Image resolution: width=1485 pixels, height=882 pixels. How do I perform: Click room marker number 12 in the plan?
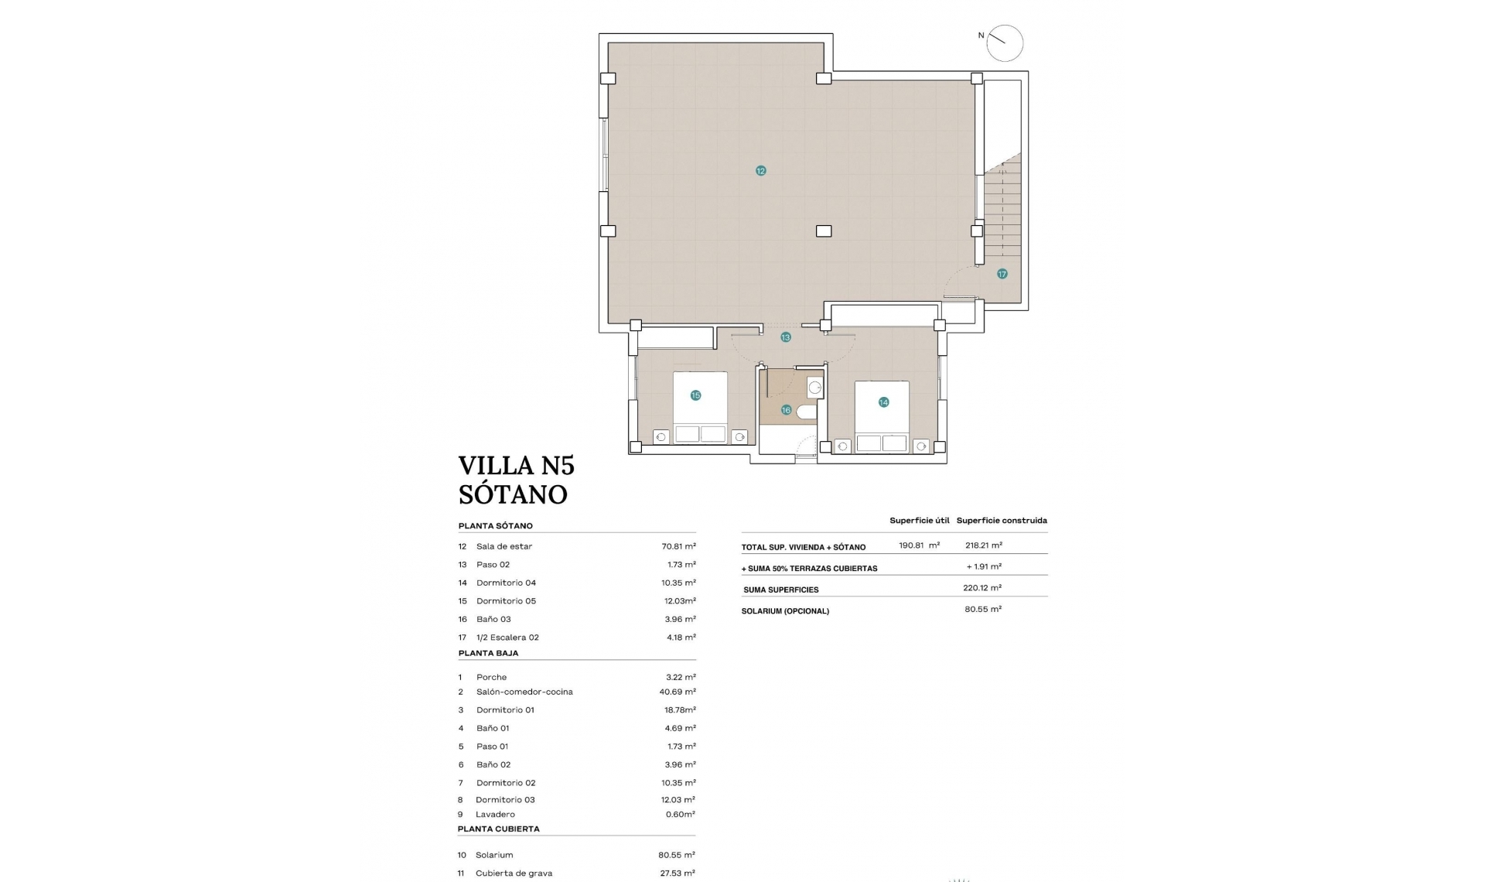click(x=760, y=171)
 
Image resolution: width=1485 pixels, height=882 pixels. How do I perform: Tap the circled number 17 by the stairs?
click(x=1002, y=274)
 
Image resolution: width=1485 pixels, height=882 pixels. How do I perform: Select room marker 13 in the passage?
click(x=785, y=337)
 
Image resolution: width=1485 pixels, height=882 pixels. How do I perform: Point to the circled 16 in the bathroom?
click(x=786, y=410)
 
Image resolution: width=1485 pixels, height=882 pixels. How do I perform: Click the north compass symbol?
click(x=1004, y=43)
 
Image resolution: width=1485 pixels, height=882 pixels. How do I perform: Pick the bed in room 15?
click(x=700, y=408)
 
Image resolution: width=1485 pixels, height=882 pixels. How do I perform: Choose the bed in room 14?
click(x=882, y=416)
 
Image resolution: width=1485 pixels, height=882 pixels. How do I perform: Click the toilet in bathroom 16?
click(x=807, y=411)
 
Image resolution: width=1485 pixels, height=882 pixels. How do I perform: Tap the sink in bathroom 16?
click(x=814, y=388)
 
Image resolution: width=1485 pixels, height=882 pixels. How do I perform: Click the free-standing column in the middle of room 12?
click(x=824, y=231)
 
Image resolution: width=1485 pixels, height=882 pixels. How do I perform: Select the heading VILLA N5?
click(x=516, y=466)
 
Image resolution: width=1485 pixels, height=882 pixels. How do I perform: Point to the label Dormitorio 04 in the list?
click(x=506, y=583)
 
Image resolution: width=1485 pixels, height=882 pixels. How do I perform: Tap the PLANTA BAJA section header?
click(x=488, y=653)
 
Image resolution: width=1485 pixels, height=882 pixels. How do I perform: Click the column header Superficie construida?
click(x=1001, y=521)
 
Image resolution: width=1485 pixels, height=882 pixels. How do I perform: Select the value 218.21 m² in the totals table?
click(x=983, y=545)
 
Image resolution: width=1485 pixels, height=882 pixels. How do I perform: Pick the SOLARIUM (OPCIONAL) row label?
click(x=785, y=611)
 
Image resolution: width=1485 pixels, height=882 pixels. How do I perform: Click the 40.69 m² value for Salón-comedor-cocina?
click(x=677, y=692)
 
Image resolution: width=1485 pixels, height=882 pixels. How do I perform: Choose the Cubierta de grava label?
click(x=514, y=873)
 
